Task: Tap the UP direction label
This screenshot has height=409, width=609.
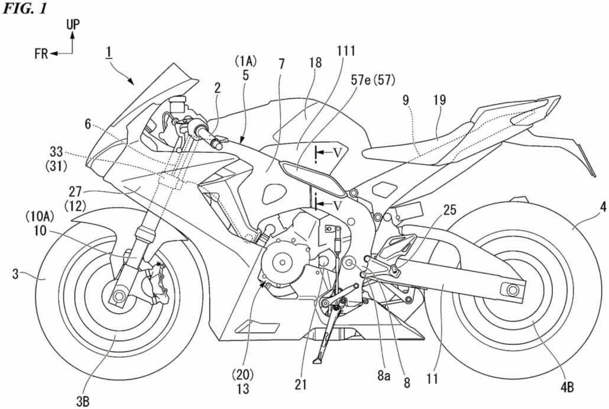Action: click(73, 24)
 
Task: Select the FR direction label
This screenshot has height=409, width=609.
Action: click(41, 54)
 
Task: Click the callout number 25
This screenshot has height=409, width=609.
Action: click(451, 210)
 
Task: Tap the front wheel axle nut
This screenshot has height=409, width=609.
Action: click(117, 294)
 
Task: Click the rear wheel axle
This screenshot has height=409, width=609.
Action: click(511, 289)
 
